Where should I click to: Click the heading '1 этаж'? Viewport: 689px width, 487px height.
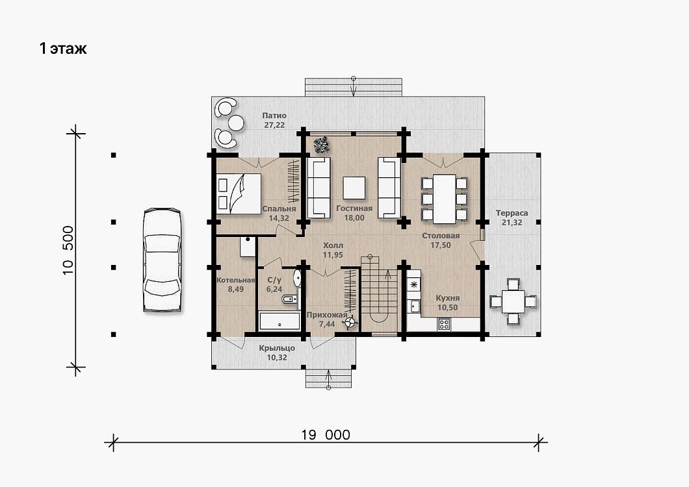pyautogui.click(x=63, y=48)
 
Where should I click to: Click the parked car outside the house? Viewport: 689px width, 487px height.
pyautogui.click(x=162, y=260)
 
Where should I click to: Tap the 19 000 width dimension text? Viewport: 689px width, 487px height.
pyautogui.click(x=326, y=435)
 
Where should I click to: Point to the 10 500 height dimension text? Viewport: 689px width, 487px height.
pyautogui.click(x=68, y=250)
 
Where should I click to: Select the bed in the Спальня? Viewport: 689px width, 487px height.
pyautogui.click(x=239, y=194)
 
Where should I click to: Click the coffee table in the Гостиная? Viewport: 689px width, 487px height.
pyautogui.click(x=354, y=188)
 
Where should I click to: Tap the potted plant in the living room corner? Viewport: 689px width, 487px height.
pyautogui.click(x=321, y=145)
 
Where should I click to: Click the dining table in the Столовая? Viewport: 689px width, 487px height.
pyautogui.click(x=444, y=199)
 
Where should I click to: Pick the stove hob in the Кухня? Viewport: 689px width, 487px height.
pyautogui.click(x=444, y=325)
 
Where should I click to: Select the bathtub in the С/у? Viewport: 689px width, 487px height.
pyautogui.click(x=280, y=321)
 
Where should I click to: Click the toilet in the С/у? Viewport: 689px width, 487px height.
pyautogui.click(x=289, y=299)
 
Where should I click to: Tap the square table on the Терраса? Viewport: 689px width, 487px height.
pyautogui.click(x=513, y=302)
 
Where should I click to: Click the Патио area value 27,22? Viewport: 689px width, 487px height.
pyautogui.click(x=274, y=125)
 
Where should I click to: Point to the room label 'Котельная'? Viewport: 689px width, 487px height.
pyautogui.click(x=236, y=280)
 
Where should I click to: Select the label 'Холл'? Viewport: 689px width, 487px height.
pyautogui.click(x=333, y=245)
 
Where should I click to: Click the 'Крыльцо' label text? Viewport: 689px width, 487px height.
pyautogui.click(x=277, y=348)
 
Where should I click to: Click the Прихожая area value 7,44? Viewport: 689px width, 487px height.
pyautogui.click(x=327, y=325)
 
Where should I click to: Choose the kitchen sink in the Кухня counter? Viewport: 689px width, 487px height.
pyautogui.click(x=414, y=305)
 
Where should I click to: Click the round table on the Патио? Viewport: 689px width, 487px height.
pyautogui.click(x=237, y=123)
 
